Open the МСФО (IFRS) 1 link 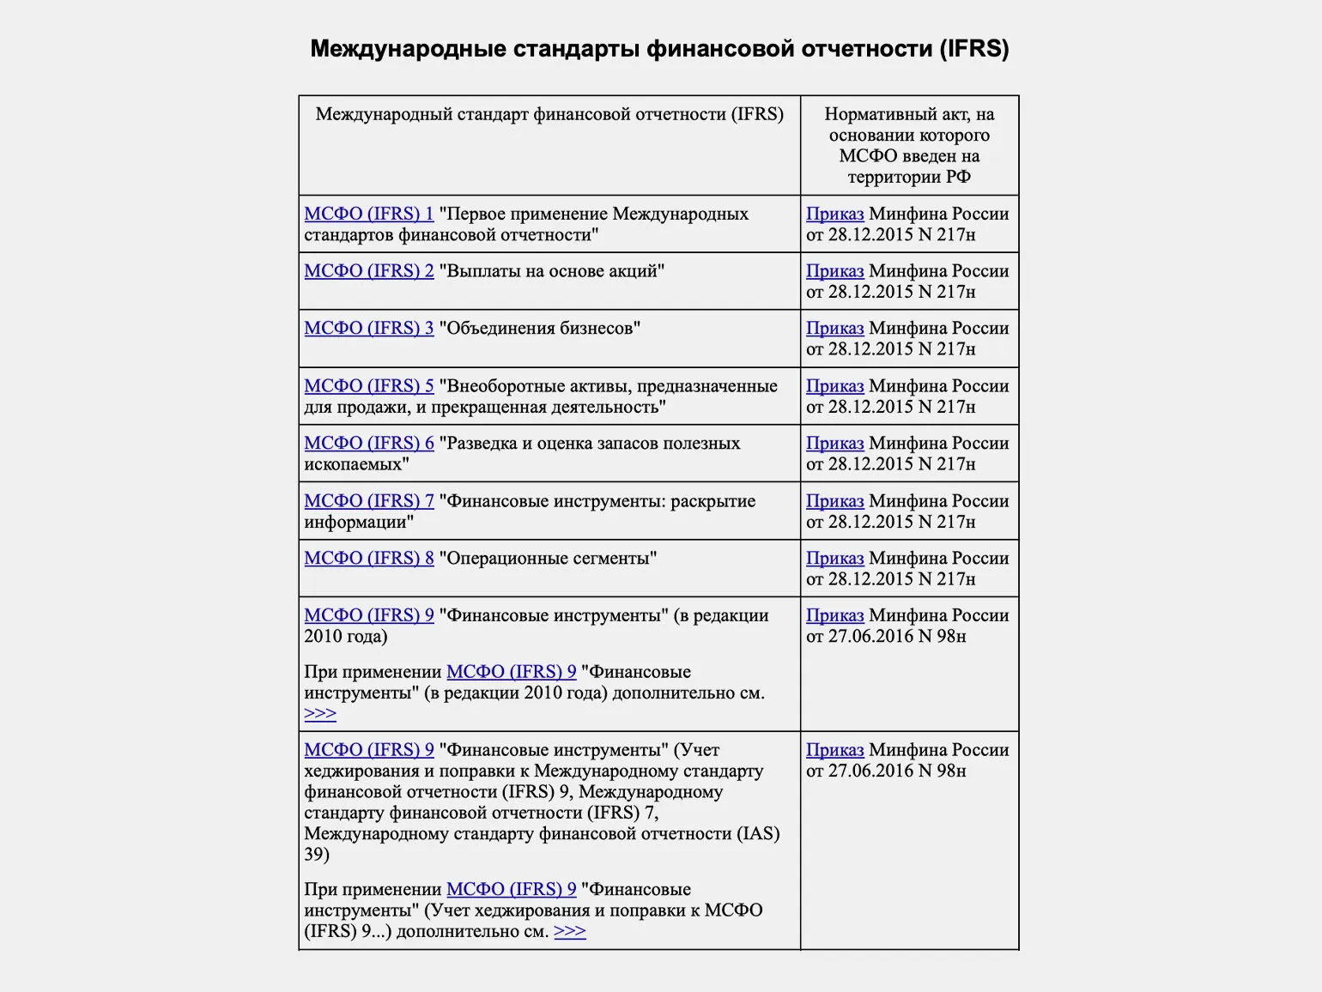(369, 214)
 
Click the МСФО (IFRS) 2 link (369, 271)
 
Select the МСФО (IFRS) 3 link (369, 329)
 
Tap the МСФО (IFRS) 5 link (369, 386)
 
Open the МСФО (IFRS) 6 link (369, 444)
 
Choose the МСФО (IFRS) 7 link (369, 501)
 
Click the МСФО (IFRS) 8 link (369, 559)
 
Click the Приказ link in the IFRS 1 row (834, 214)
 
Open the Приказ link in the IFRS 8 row (834, 559)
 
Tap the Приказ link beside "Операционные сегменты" (834, 559)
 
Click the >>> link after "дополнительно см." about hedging (570, 931)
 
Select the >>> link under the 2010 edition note (320, 713)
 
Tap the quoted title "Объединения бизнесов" (539, 329)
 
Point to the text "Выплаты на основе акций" (551, 271)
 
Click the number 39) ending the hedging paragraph (317, 854)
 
